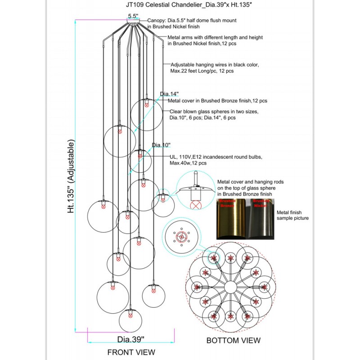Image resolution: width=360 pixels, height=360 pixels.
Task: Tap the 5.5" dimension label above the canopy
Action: pos(133,16)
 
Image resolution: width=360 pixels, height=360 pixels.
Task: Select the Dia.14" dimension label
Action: pos(170,94)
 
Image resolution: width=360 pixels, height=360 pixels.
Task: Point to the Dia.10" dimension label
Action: pos(162,145)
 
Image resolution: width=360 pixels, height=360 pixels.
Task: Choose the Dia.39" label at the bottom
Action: pos(131,338)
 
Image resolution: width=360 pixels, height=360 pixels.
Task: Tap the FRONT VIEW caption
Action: pos(131,351)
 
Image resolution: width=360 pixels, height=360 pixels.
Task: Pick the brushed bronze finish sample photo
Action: pos(231,219)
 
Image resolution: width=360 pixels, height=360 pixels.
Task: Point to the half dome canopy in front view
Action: pos(133,20)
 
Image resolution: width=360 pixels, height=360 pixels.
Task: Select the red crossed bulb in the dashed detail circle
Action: pos(196,206)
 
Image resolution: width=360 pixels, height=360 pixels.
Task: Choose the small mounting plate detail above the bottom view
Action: pos(181,237)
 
